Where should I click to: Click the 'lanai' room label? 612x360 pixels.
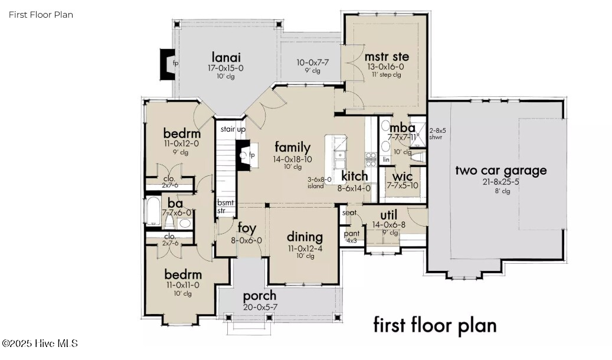tap(227, 57)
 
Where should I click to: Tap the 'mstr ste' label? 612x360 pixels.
tap(387, 57)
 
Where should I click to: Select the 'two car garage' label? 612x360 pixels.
tap(500, 171)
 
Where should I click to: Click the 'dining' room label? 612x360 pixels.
tap(305, 237)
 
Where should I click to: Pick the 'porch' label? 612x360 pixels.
tap(259, 295)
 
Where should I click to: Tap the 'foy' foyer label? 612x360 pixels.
tap(247, 228)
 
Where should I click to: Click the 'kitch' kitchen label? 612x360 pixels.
tap(355, 176)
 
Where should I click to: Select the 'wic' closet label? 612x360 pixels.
tap(403, 175)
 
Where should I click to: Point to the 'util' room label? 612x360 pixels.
tap(388, 214)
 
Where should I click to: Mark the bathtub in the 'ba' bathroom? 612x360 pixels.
tap(153, 213)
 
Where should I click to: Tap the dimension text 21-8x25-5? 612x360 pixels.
tap(500, 182)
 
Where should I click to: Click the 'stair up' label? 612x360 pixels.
tap(233, 129)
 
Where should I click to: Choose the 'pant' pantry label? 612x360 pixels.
tap(351, 234)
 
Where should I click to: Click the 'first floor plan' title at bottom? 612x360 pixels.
tap(435, 325)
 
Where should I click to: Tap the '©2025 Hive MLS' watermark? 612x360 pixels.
tap(40, 343)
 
